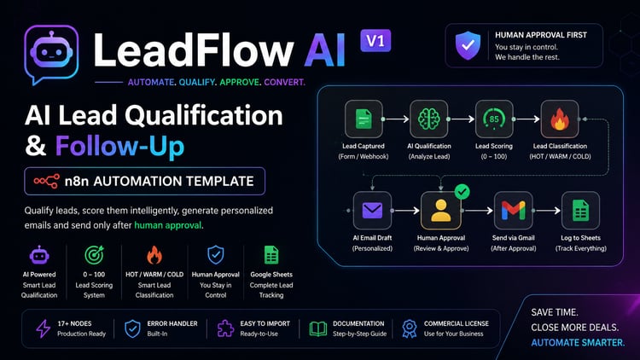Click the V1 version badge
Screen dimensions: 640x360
coord(375,40)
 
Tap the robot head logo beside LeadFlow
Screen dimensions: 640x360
coord(51,54)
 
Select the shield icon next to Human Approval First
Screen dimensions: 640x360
coord(468,45)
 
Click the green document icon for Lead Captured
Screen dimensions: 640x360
coord(364,119)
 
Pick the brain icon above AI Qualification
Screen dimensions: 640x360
coord(429,119)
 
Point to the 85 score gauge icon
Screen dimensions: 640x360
coord(494,119)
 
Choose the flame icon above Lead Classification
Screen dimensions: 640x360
coord(560,119)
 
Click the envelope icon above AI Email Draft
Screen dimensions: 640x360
coord(372,211)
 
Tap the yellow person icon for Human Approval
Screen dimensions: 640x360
coord(441,211)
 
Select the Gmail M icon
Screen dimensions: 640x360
coord(513,211)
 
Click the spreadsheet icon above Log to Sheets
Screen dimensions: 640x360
coord(580,211)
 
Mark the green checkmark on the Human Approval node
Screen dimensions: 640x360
coord(462,191)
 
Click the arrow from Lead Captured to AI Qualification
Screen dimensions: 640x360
coord(396,119)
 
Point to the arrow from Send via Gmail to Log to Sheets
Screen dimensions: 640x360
coord(547,211)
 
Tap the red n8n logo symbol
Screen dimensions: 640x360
coord(47,181)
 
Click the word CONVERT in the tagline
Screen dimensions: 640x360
coord(284,82)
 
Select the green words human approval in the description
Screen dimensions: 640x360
coord(168,225)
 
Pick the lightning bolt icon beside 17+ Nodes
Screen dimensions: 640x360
coord(43,328)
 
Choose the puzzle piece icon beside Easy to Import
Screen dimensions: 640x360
coord(225,328)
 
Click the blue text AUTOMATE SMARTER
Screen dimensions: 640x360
coord(578,343)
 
